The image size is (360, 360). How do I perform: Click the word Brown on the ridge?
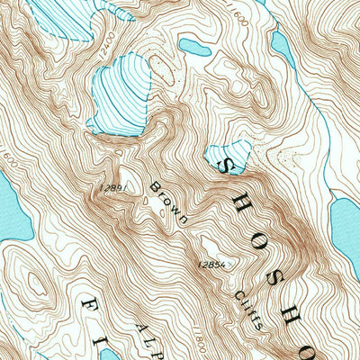point(168,203)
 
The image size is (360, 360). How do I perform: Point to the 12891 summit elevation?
point(113,188)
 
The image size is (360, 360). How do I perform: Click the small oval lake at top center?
point(194,46)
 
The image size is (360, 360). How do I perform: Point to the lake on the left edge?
point(11,212)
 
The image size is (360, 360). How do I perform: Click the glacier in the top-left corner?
point(63,18)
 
